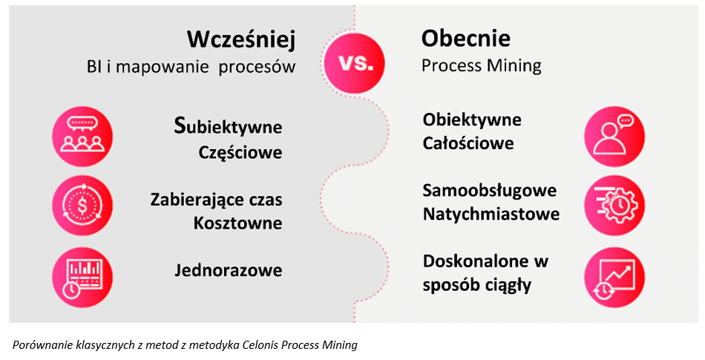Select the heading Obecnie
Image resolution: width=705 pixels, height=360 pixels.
coord(465,38)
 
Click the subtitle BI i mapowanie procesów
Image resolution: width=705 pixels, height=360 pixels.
coord(191,67)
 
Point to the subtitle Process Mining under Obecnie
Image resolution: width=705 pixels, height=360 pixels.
coord(481,65)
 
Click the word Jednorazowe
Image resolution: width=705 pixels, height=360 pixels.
coord(228,270)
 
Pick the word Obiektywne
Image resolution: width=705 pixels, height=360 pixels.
coord(472,120)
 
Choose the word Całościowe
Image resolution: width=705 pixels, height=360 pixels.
coord(468,143)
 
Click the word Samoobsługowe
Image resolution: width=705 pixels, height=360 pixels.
coord(489,191)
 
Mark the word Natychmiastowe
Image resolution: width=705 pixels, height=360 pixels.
coord(491,215)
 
